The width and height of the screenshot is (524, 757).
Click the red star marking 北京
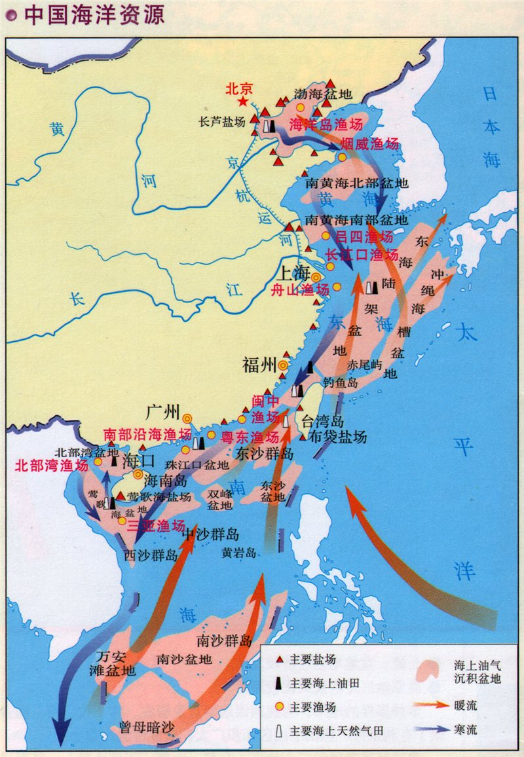243,102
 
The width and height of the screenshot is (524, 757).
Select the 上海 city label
294,272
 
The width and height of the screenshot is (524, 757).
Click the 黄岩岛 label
239,552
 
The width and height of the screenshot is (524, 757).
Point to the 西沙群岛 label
151,555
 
